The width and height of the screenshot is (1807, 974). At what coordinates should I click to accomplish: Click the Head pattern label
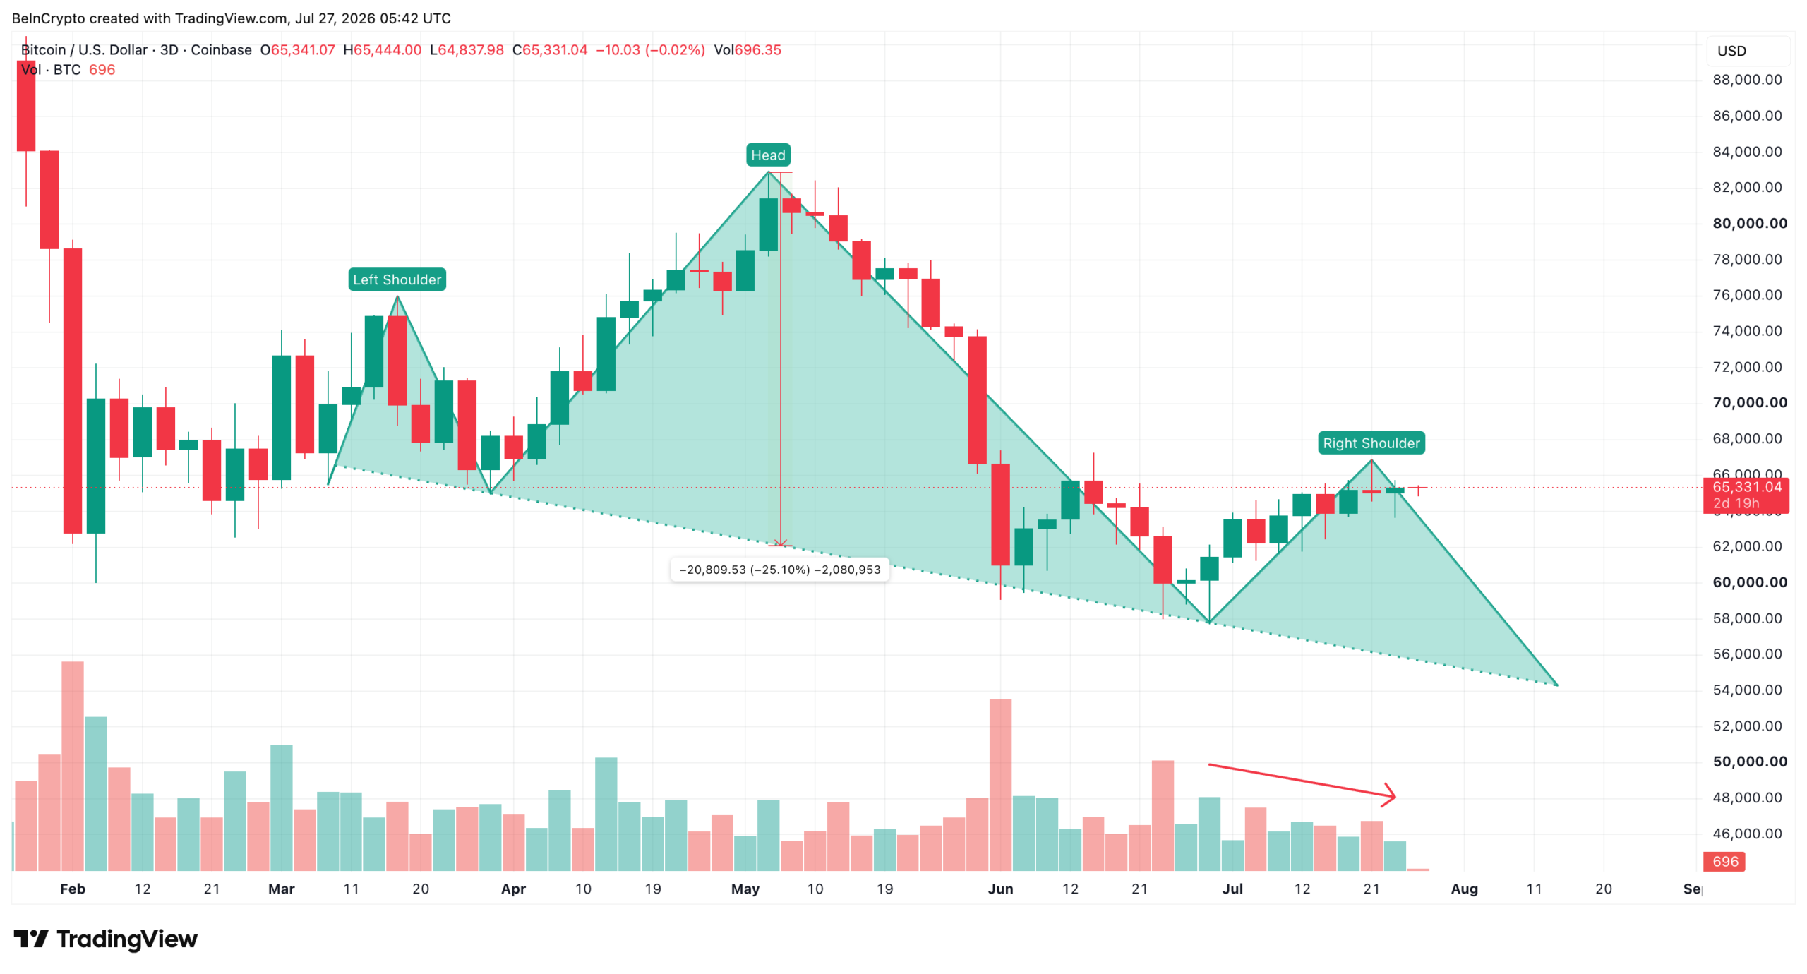767,155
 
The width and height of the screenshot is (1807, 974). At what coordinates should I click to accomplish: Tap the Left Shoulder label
397,279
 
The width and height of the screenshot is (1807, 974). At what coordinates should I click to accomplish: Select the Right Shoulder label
1371,443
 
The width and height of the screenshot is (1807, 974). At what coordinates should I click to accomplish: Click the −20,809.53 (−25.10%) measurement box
779,569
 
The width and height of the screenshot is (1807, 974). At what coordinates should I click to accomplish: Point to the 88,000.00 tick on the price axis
1747,79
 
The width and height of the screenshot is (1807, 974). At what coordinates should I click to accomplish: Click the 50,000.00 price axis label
1749,761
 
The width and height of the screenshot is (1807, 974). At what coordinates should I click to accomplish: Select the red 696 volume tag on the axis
1724,861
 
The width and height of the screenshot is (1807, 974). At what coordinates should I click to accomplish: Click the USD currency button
1731,51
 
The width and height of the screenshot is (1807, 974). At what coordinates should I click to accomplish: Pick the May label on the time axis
745,889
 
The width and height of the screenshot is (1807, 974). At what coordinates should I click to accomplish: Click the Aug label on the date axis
1464,889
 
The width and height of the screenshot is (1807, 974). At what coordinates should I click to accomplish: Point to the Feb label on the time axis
72,889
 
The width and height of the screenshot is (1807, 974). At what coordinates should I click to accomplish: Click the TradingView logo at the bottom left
105,939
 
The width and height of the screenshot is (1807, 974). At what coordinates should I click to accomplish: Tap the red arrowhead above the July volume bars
1389,795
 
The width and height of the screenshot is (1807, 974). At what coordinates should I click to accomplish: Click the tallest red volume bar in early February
72,766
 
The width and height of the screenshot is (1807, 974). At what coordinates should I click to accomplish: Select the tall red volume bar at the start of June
1000,785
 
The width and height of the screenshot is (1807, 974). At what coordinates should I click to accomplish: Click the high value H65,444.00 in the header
382,49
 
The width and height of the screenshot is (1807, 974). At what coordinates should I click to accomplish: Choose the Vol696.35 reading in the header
747,49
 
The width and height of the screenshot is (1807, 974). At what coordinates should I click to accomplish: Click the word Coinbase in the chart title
221,49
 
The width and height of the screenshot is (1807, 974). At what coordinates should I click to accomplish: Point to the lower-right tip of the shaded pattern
1557,685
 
